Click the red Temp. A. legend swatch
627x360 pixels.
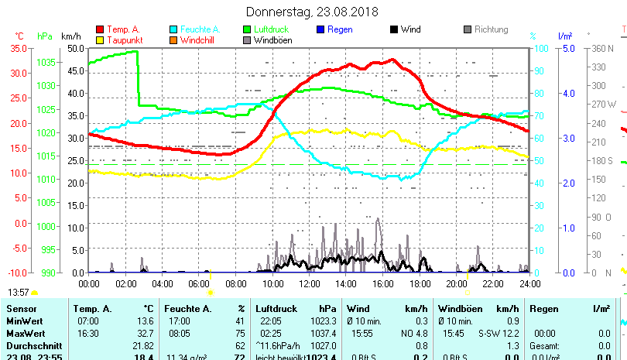point(99,29)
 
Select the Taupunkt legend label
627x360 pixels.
point(123,40)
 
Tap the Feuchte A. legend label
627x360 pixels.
point(200,29)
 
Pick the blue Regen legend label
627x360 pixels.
point(340,29)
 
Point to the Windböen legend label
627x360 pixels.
point(272,40)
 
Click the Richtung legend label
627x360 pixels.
point(491,29)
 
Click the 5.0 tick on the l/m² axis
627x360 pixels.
point(567,48)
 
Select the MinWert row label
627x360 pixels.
point(24,321)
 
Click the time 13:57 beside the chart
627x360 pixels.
point(19,292)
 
